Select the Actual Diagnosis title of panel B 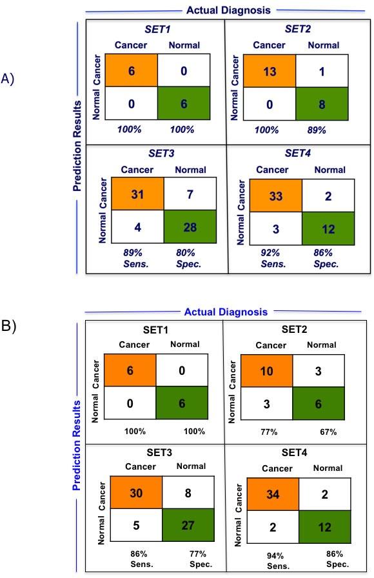coord(226,312)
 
